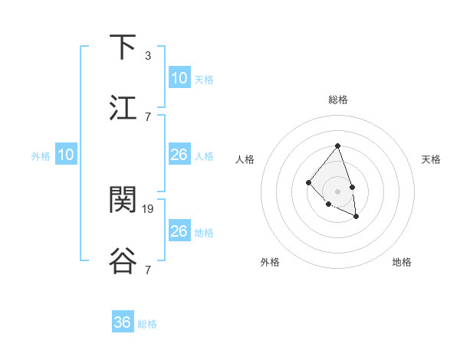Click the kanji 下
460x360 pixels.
tap(123, 47)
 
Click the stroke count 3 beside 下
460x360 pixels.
tap(148, 55)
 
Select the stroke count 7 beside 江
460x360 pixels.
tap(148, 116)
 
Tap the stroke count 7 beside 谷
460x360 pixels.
tap(148, 270)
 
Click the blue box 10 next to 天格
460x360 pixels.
tap(179, 78)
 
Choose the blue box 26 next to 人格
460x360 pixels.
tap(179, 155)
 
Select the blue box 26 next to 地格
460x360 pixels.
tap(179, 231)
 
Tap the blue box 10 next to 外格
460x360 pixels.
tap(66, 155)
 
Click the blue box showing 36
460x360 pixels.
tap(123, 322)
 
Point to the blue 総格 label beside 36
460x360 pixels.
tap(147, 324)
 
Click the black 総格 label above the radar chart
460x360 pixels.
tap(338, 100)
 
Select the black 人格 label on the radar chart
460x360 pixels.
tap(245, 159)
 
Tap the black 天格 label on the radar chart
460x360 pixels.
tap(432, 159)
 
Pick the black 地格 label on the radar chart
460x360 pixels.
tap(402, 262)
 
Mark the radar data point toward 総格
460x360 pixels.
tap(338, 145)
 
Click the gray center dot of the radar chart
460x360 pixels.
tap(338, 191)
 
